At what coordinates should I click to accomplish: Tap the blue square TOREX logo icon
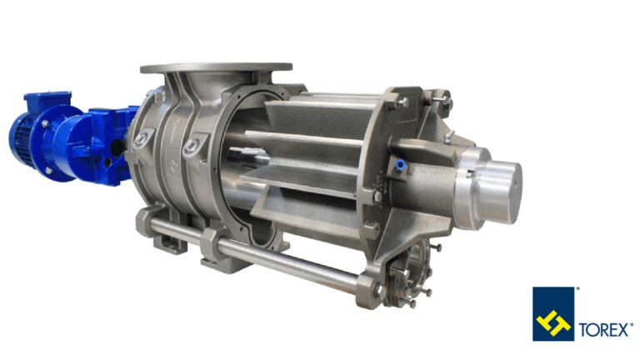coord(553,313)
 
